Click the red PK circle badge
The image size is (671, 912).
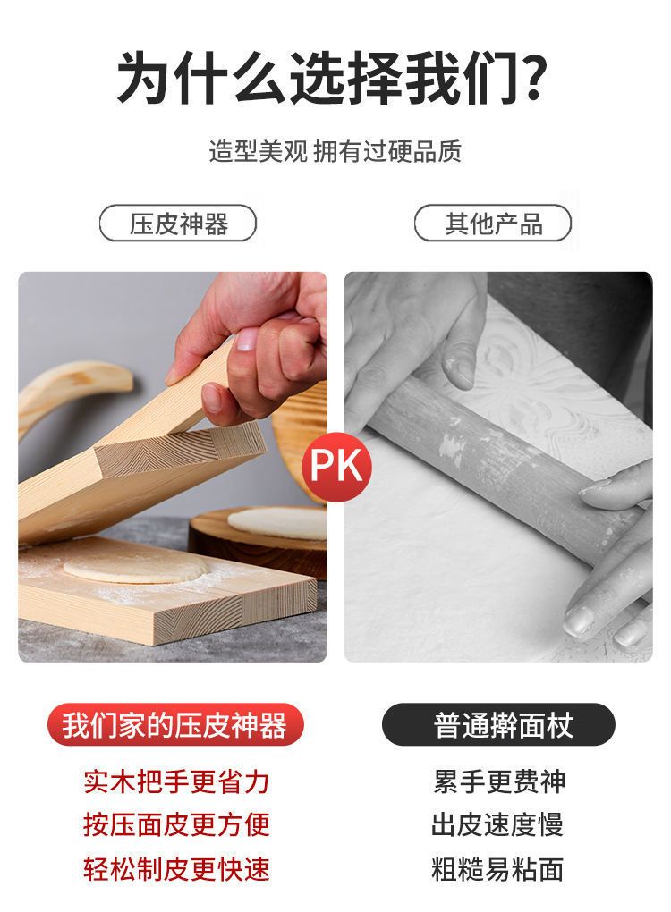coord(335,465)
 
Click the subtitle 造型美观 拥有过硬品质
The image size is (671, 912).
coord(335,151)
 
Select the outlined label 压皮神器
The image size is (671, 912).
coord(178,224)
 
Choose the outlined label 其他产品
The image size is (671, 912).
coord(493,224)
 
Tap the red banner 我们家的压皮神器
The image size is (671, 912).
coord(175,725)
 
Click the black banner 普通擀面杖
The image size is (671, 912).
coord(498,725)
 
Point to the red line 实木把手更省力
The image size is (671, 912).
coord(176,781)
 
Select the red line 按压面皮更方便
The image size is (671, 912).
coord(176,824)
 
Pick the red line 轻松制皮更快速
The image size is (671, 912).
coord(176,868)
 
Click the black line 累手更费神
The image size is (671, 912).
coord(498,781)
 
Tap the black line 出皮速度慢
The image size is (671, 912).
coord(497,824)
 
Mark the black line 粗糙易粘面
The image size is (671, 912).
coord(497,868)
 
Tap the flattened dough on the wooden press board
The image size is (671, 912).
coord(137,567)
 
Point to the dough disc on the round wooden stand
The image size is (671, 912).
coord(277,522)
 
